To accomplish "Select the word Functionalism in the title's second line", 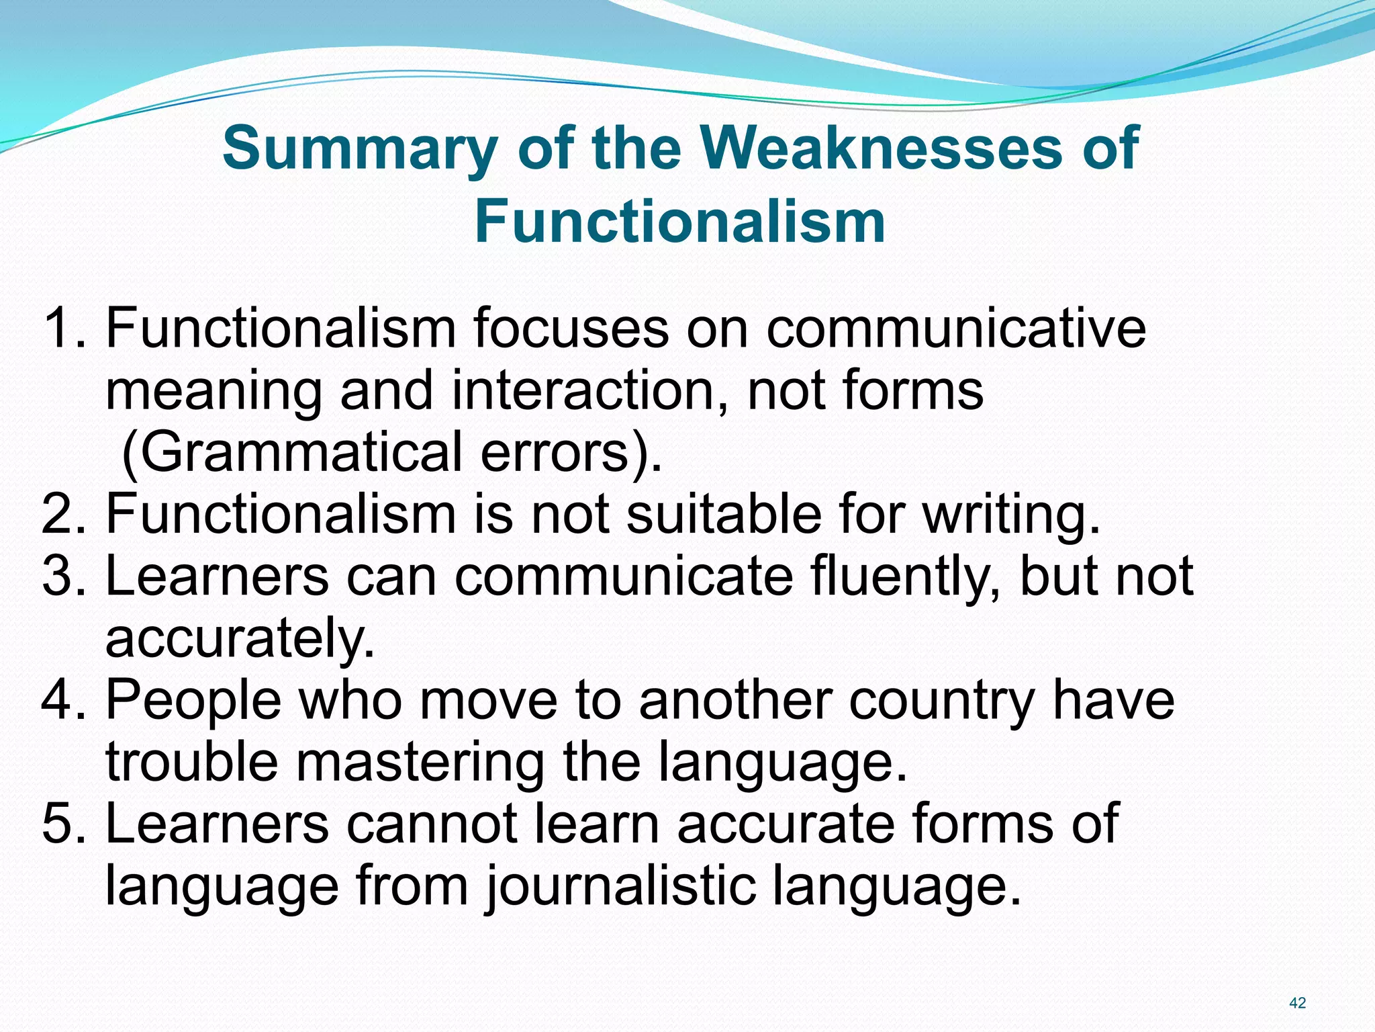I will tap(680, 222).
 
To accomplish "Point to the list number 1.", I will tap(63, 329).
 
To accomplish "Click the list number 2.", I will tap(63, 514).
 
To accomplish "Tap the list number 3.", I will tap(63, 576).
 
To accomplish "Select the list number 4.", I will tap(63, 700).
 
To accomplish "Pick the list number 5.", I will tap(63, 824).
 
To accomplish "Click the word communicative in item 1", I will tap(956, 329).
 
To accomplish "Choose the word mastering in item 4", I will tap(420, 763).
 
